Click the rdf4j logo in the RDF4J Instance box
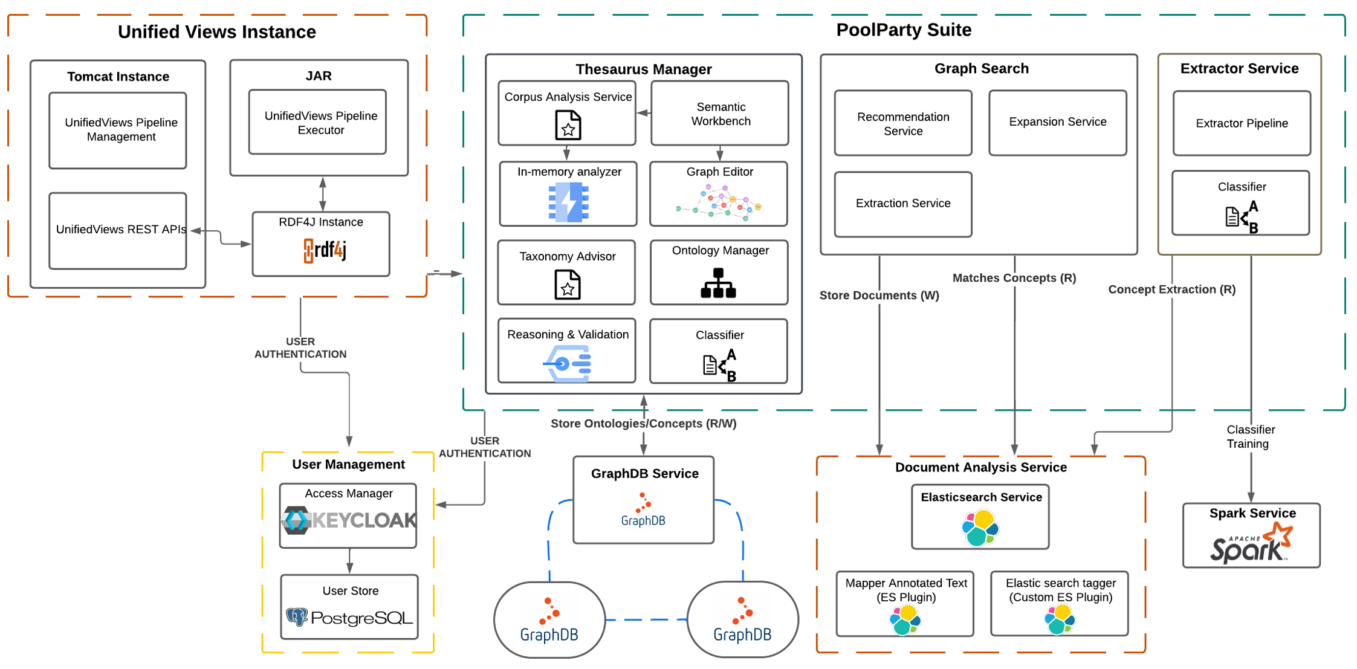325,250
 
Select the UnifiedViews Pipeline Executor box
318,123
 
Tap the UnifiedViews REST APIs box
118,230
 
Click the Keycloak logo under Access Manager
349,520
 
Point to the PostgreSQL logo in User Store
349,618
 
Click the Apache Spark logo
1251,544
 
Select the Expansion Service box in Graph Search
1057,123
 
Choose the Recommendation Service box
902,124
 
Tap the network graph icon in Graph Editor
719,203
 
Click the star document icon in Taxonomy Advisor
567,285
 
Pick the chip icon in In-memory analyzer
568,202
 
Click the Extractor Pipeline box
1241,124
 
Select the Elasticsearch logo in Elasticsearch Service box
980,528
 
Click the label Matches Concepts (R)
1014,278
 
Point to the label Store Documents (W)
878,296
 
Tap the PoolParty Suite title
903,30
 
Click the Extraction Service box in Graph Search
902,204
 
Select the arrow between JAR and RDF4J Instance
322,193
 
